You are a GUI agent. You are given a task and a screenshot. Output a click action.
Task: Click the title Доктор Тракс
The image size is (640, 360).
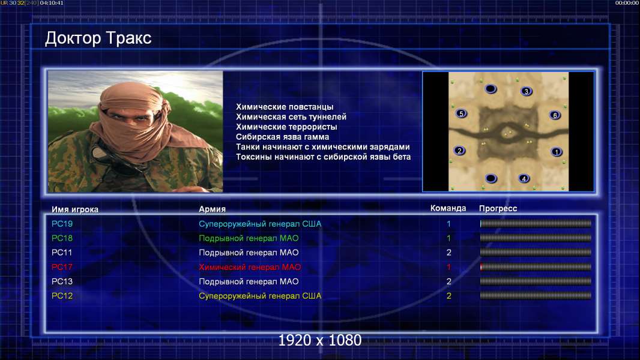tap(98, 38)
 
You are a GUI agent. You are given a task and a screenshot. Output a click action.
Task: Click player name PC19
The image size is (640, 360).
tap(62, 224)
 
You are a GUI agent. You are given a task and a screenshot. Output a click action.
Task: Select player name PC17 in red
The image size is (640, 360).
tap(62, 267)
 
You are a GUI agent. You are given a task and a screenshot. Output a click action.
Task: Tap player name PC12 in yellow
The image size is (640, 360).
tap(62, 296)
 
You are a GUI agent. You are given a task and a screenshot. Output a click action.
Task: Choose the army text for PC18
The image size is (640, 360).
tap(249, 238)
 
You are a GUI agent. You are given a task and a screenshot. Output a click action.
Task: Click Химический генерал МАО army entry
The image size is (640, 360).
tap(250, 267)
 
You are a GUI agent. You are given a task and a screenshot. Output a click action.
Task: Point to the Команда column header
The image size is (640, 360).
tap(448, 208)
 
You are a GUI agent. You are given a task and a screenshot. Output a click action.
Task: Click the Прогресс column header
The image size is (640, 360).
tap(498, 209)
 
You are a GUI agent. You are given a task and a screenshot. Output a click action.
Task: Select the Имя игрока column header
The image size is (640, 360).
tap(74, 209)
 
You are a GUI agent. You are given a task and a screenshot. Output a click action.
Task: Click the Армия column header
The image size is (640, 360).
tap(213, 209)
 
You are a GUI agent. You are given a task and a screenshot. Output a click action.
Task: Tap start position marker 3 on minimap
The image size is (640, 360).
tap(526, 91)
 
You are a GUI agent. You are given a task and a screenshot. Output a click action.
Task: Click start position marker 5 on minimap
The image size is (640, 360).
tap(461, 113)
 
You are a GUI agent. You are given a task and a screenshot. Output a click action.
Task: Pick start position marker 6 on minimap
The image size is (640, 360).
tap(555, 115)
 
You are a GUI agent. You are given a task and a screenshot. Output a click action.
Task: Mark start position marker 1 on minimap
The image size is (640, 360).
tap(557, 152)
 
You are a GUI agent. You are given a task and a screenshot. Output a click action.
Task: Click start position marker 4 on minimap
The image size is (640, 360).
tap(524, 178)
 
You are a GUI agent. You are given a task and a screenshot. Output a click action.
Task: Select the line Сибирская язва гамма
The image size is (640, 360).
tap(282, 137)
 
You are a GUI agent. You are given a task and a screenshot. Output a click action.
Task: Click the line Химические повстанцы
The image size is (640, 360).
tap(285, 107)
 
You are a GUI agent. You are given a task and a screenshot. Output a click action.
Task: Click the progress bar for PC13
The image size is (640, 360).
tap(536, 281)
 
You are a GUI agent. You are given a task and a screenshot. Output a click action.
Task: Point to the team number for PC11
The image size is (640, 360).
tap(448, 253)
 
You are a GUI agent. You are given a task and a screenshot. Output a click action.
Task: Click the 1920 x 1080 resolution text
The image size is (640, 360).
tap(320, 340)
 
